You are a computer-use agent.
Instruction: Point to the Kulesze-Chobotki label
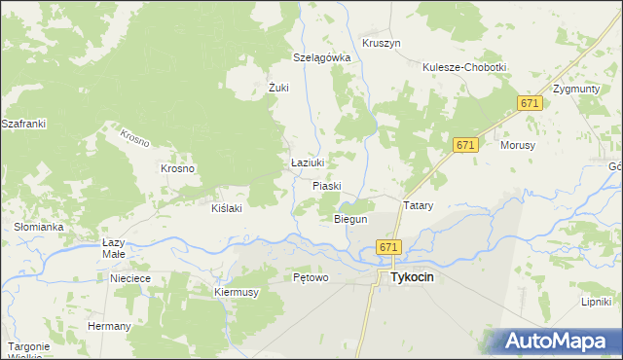click(x=464, y=67)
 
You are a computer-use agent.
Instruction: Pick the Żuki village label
click(x=279, y=88)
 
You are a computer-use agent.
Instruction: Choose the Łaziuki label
click(x=308, y=162)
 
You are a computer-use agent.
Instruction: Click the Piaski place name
click(x=328, y=185)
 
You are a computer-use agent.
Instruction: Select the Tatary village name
click(x=418, y=206)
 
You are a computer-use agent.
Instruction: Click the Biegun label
click(x=350, y=220)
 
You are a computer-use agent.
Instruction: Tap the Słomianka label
click(x=39, y=227)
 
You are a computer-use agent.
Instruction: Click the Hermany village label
click(x=109, y=326)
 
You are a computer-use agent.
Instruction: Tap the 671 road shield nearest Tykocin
click(x=388, y=248)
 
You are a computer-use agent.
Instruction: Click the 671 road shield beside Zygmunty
click(x=530, y=104)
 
